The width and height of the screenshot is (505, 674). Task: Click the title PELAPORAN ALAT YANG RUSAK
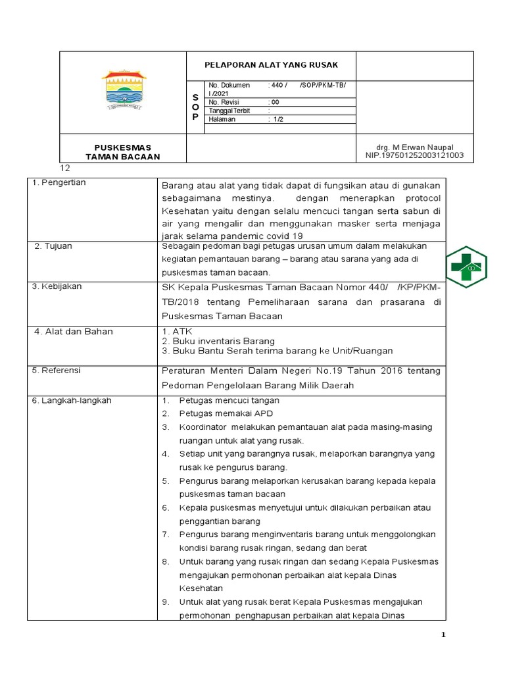(272, 65)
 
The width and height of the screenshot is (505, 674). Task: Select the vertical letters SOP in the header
(195, 107)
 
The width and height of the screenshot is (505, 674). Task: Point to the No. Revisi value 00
(275, 102)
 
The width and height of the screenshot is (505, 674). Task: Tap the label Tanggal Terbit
(229, 111)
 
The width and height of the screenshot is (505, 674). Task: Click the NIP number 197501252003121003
(414, 155)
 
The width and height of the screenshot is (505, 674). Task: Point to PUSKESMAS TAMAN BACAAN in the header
(123, 151)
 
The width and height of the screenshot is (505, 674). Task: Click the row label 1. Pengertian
(60, 182)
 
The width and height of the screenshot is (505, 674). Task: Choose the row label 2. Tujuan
(54, 246)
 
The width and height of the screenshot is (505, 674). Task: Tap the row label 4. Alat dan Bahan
(74, 331)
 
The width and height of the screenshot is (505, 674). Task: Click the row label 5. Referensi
(57, 371)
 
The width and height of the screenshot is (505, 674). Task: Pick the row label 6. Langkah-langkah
(72, 400)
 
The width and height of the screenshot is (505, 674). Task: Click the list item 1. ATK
(172, 331)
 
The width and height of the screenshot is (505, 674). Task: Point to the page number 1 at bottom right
(444, 635)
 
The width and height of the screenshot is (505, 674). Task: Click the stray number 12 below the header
(65, 168)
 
